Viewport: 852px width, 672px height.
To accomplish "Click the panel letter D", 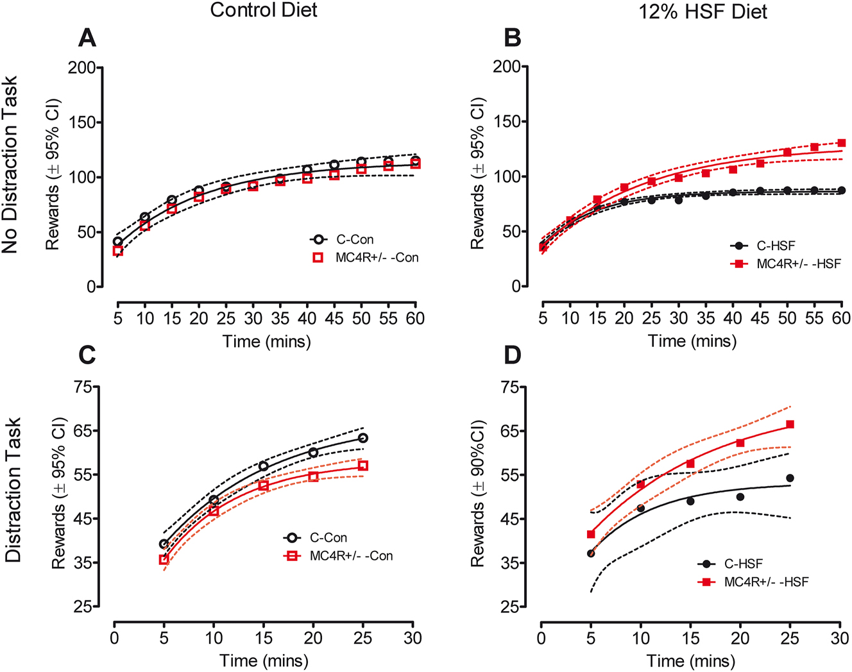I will (x=512, y=355).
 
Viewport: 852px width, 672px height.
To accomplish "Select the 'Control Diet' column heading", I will (x=264, y=10).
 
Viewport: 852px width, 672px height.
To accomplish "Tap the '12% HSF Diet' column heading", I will (x=703, y=12).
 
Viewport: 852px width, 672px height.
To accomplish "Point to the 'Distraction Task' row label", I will (x=14, y=491).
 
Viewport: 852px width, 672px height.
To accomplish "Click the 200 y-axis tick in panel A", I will (x=81, y=68).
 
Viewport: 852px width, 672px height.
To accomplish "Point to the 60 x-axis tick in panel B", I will (x=841, y=318).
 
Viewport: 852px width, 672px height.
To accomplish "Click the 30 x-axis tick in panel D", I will (x=840, y=638).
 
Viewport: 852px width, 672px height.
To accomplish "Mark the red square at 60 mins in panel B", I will (x=841, y=143).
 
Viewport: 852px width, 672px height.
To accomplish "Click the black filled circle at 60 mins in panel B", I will (x=841, y=190).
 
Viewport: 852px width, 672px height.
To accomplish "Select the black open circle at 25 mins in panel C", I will (x=363, y=438).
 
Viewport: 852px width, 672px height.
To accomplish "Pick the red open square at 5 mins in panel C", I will (x=164, y=559).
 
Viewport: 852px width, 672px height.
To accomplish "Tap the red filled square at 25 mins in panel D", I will (x=790, y=424).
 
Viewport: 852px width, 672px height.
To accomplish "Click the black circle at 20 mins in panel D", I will (x=740, y=497).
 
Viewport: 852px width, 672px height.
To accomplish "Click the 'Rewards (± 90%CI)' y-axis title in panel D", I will (x=477, y=494).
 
